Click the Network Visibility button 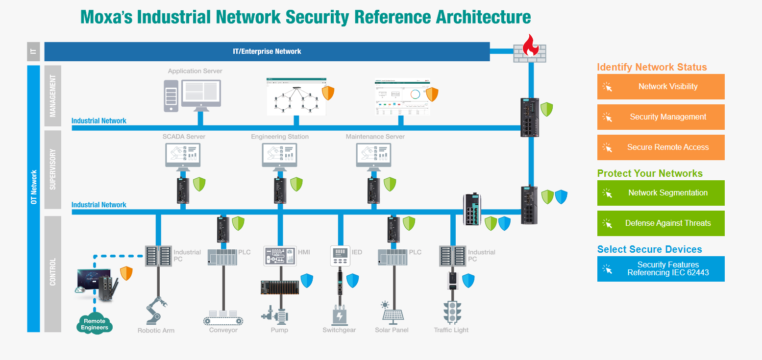(x=661, y=87)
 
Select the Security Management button (x=661, y=117)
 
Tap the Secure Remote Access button (x=661, y=147)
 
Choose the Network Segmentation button (x=661, y=193)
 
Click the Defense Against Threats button (x=661, y=223)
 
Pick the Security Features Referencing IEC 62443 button (x=661, y=269)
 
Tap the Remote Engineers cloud (x=94, y=324)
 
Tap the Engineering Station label (x=280, y=137)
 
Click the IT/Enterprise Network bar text (x=267, y=51)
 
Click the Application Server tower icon (x=171, y=96)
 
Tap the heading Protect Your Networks (x=650, y=173)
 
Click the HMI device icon (x=280, y=256)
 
